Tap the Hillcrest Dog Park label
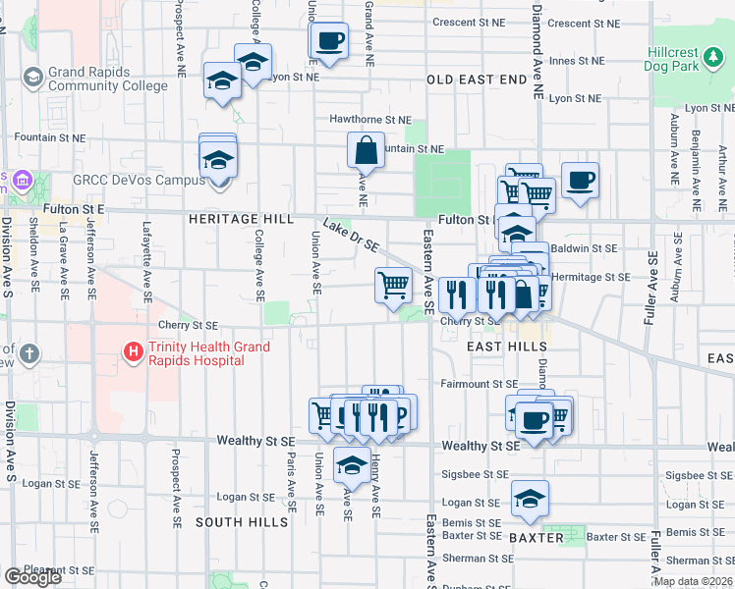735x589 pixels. point(686,60)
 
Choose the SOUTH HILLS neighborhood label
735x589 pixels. point(242,522)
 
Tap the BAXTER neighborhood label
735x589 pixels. point(536,538)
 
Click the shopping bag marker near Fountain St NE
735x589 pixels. point(365,151)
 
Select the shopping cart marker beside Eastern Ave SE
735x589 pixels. point(393,286)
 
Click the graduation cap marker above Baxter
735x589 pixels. point(530,498)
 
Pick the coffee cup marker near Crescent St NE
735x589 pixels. point(329,41)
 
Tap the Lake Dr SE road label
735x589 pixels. point(351,236)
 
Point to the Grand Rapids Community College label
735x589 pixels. point(97,80)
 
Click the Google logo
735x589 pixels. point(32,577)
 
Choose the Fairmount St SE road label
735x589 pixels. point(479,384)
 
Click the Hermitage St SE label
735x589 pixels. point(590,277)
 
